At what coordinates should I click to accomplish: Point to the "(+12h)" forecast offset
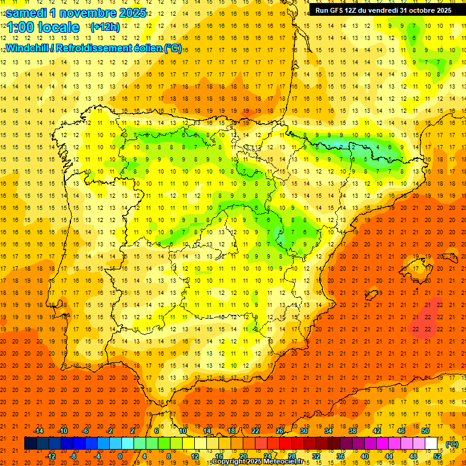(105, 27)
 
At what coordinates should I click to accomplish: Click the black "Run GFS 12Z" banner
(383, 10)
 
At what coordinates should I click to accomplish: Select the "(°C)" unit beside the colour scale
(451, 444)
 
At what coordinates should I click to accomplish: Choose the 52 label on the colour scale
(438, 456)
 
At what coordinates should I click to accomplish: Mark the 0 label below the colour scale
(120, 456)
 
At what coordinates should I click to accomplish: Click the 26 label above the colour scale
(280, 431)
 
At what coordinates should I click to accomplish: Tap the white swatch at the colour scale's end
(431, 444)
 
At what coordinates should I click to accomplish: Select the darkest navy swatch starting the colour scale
(31, 444)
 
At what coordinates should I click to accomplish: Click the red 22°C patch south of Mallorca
(422, 323)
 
